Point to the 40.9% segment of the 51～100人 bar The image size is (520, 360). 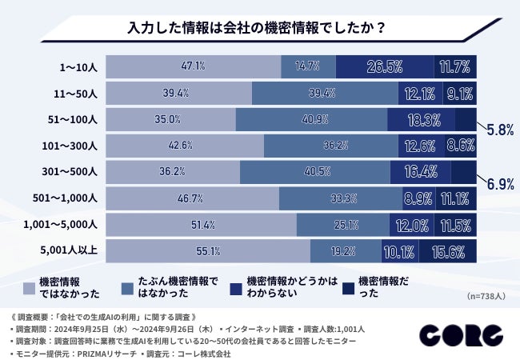311,119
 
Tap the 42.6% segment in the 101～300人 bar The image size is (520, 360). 185,146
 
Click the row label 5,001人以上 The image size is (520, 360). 70,250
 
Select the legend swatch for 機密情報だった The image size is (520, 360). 349,286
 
